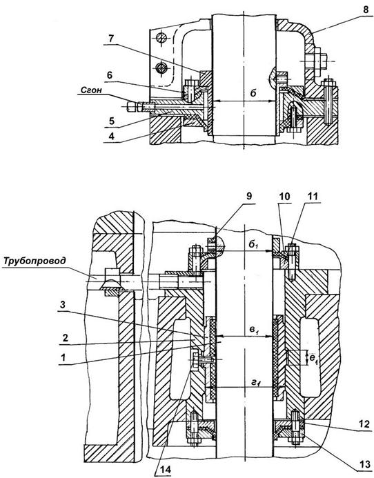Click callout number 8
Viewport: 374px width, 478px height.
click(366, 10)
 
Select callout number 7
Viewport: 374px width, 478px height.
click(110, 39)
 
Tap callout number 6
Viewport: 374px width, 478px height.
click(110, 75)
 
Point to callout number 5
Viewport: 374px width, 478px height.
click(112, 121)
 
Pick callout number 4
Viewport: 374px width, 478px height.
click(112, 136)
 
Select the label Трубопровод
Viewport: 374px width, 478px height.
click(35, 261)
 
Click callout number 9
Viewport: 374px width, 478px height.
click(249, 196)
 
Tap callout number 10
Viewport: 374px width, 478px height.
click(284, 196)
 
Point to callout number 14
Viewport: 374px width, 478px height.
click(164, 470)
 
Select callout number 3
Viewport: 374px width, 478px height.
click(63, 305)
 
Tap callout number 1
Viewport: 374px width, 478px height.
click(63, 357)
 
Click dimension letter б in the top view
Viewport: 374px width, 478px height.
click(253, 93)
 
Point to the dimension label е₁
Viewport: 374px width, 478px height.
click(314, 359)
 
